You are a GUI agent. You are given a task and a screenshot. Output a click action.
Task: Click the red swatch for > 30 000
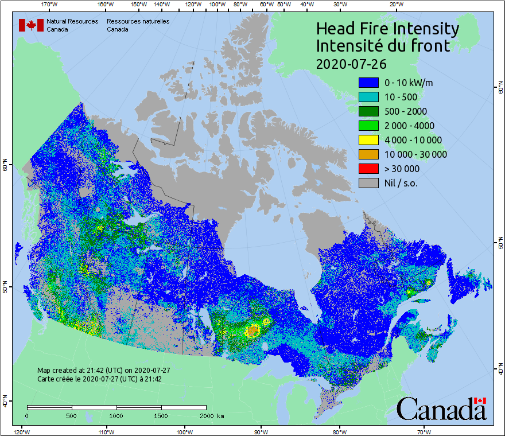368,169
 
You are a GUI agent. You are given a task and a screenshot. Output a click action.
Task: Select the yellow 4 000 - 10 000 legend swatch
368,140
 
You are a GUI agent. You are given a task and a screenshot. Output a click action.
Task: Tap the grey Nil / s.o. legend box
368,183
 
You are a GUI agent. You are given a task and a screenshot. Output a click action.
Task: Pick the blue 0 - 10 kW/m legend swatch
368,83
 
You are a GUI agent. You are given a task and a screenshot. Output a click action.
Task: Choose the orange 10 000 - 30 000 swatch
368,154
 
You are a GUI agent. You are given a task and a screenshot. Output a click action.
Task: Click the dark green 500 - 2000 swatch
368,111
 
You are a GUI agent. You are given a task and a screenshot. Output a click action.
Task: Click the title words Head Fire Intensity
387,29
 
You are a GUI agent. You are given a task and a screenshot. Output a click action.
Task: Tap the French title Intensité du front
383,46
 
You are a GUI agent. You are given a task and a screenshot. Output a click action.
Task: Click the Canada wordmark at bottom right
441,409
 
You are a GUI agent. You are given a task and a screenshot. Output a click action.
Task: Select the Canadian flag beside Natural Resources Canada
31,25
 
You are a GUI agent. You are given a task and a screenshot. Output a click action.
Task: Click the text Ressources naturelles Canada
138,25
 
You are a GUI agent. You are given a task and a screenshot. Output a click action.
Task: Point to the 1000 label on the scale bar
116,415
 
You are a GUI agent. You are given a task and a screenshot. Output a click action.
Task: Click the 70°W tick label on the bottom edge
424,431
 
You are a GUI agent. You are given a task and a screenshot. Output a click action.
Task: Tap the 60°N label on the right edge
500,89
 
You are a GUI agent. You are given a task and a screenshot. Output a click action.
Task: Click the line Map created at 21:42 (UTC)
104,371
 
